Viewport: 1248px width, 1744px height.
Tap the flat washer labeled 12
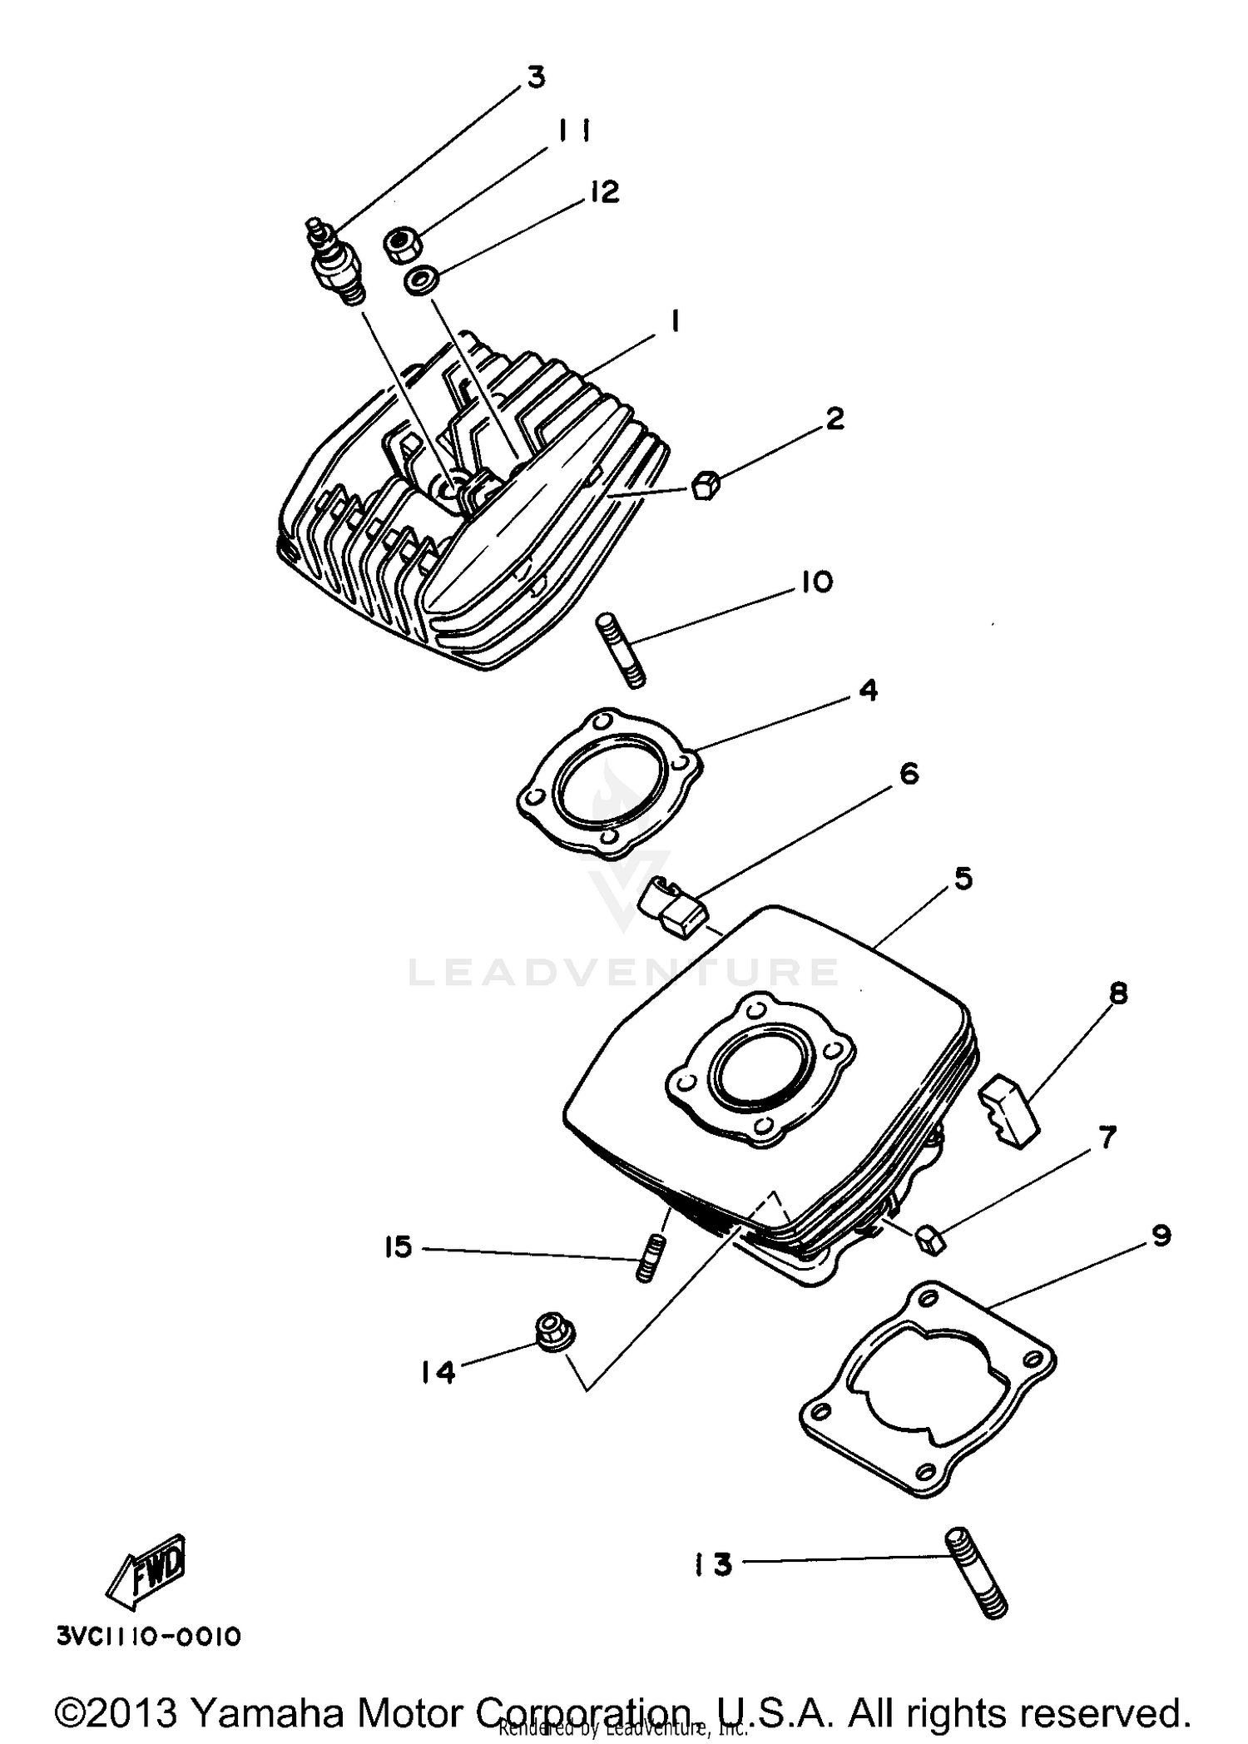coord(422,280)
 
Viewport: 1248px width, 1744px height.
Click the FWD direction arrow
coord(147,1568)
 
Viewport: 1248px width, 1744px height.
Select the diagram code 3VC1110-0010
coord(149,1637)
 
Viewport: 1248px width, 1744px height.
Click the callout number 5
coord(963,878)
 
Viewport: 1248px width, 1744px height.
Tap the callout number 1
coord(674,321)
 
